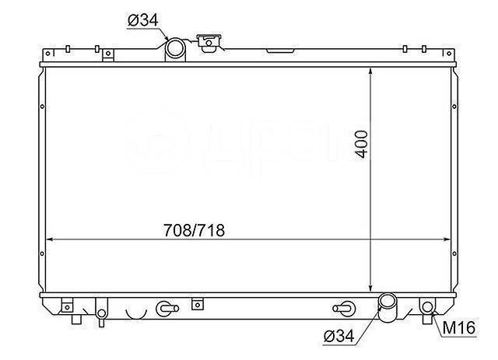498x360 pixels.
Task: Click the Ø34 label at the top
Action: (x=142, y=20)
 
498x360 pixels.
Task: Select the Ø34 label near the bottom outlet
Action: (x=338, y=336)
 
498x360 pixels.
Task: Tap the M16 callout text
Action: (x=458, y=327)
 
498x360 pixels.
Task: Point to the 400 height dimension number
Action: (x=362, y=144)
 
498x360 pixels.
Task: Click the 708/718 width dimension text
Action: (x=194, y=230)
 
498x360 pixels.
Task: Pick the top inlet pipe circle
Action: (x=175, y=48)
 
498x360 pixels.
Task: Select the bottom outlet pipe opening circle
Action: (x=388, y=301)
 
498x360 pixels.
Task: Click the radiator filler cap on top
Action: (x=209, y=43)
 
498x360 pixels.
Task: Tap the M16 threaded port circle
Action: (x=428, y=307)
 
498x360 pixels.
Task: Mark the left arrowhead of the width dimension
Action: (x=49, y=239)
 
